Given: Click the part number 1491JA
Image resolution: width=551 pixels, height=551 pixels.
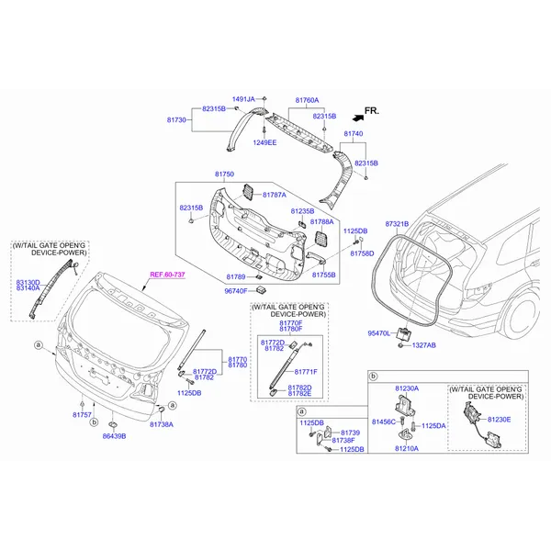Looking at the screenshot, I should coord(242,99).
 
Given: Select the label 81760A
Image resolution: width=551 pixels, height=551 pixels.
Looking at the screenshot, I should coord(307,99).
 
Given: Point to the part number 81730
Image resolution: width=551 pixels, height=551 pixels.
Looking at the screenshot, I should coord(176,120).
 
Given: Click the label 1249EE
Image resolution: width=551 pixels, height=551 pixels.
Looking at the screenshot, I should coord(240,142).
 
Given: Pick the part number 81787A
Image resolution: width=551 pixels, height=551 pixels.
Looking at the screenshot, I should coord(275,195).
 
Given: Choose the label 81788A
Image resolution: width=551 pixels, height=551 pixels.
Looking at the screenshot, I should coord(321,221).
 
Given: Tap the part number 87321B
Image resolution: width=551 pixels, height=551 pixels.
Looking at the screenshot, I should coord(397,223).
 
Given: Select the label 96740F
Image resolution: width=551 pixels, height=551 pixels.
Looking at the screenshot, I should coord(237,291).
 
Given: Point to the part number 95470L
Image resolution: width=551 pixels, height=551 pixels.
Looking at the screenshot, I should coord(379,333).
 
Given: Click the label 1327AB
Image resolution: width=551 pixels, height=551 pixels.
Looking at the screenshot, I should coord(423,345).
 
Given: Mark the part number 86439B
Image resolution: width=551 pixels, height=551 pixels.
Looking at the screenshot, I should coord(114,435).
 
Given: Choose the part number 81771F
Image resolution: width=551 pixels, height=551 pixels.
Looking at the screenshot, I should coord(306,371).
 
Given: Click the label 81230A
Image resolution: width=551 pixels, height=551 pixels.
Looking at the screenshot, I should coord(407,388).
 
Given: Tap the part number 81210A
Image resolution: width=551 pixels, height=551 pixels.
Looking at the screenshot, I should coord(407,449).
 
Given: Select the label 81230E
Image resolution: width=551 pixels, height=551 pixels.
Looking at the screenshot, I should coord(499,419).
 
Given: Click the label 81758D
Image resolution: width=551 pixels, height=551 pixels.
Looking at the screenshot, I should coord(362,253).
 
